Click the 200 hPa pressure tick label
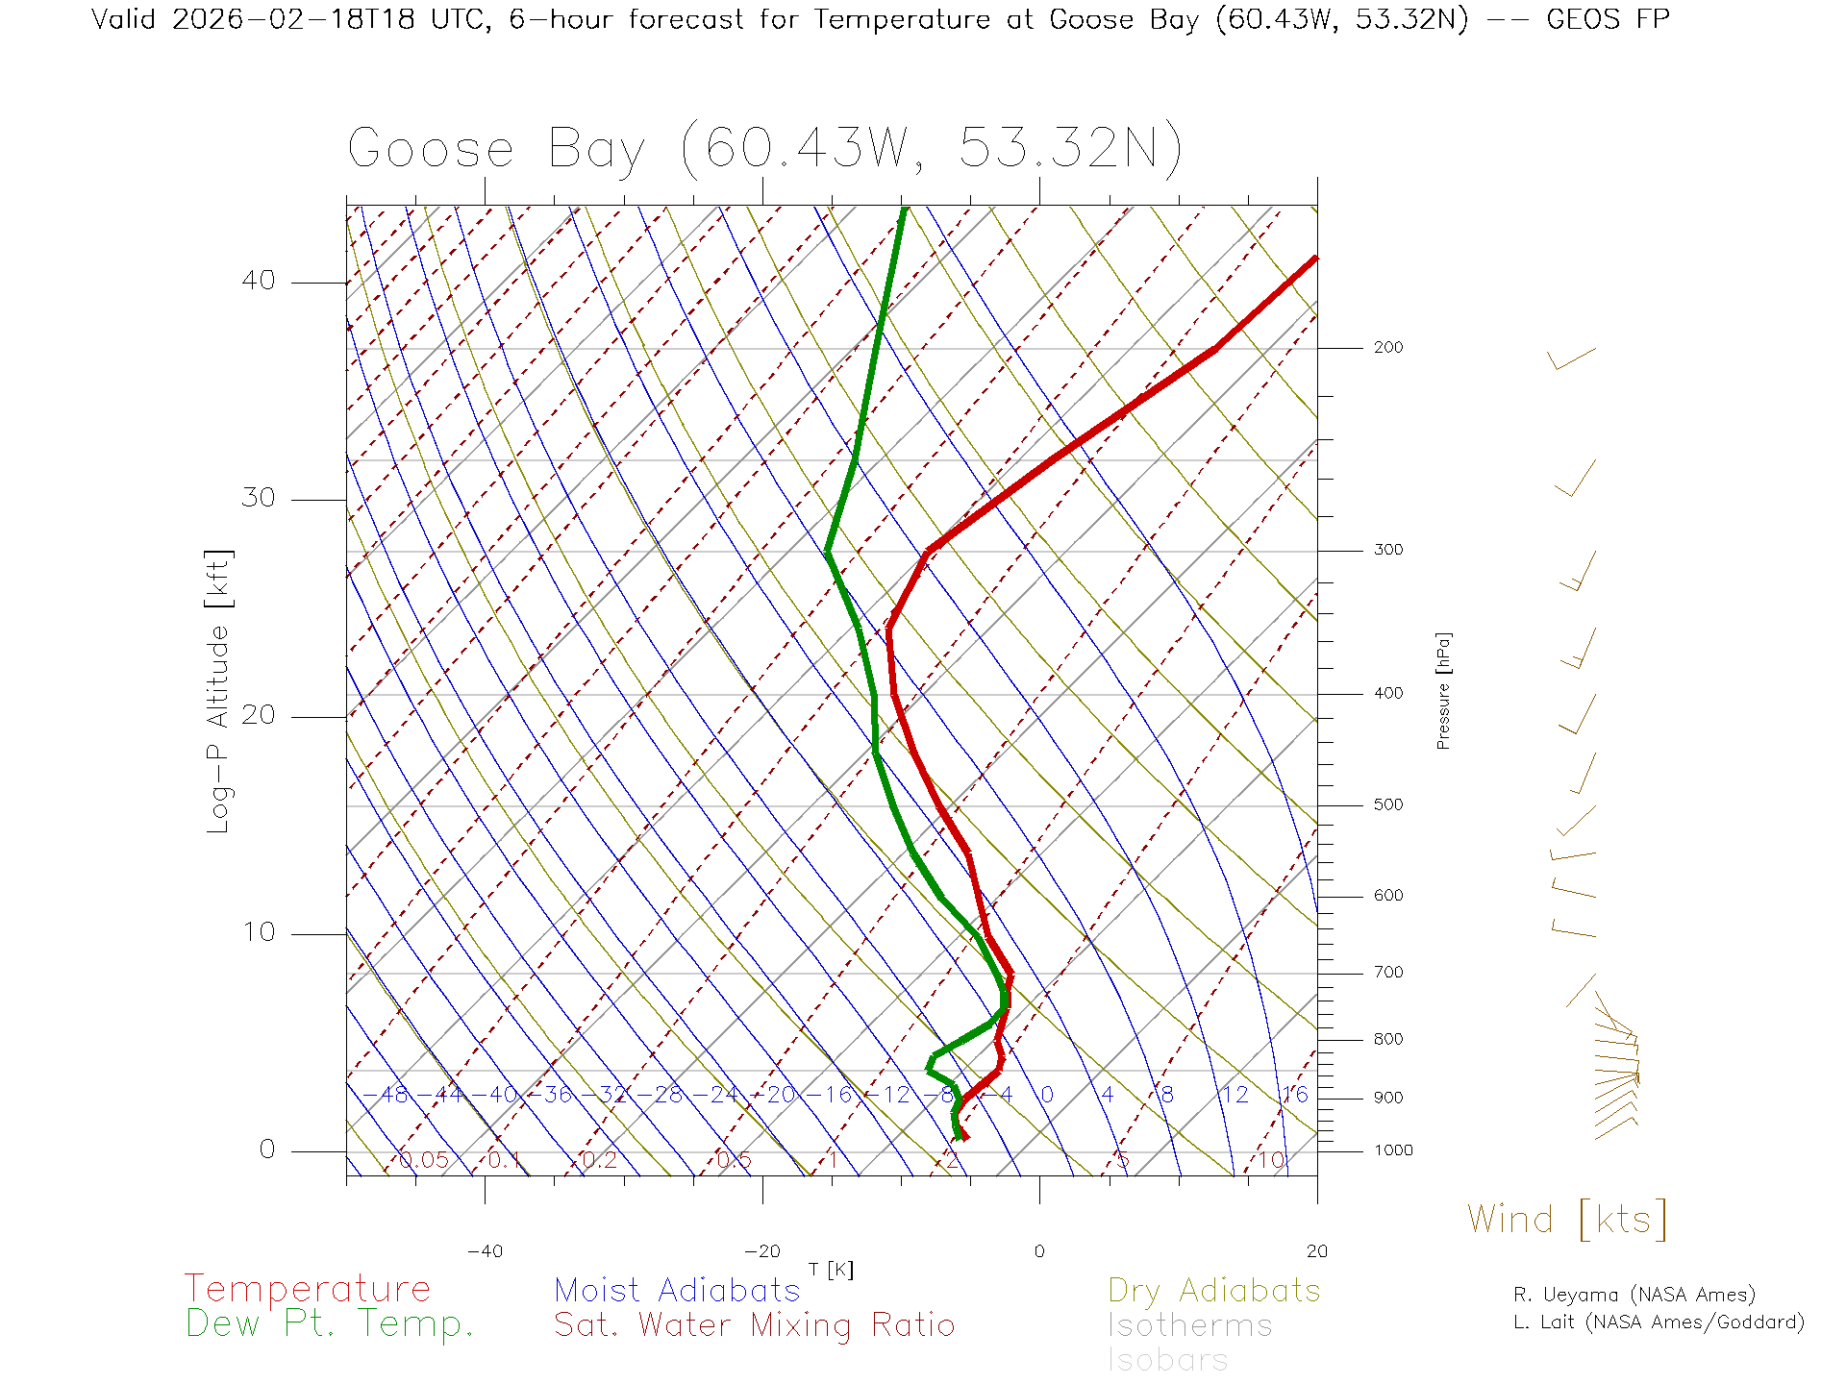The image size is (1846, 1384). pyautogui.click(x=1388, y=347)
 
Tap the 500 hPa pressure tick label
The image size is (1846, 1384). pyautogui.click(x=1388, y=804)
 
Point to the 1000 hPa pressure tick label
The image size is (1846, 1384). pyautogui.click(x=1393, y=1150)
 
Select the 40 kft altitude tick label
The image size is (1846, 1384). pyautogui.click(x=259, y=281)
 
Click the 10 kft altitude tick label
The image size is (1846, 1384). pyautogui.click(x=259, y=932)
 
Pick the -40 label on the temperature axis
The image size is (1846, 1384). pyautogui.click(x=485, y=1251)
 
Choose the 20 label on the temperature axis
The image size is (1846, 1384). pyautogui.click(x=1316, y=1251)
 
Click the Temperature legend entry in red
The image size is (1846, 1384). pyautogui.click(x=308, y=1288)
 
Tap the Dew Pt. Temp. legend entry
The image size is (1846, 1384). pyautogui.click(x=330, y=1324)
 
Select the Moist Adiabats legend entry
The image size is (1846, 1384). pyautogui.click(x=678, y=1290)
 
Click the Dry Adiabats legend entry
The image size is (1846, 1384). pyautogui.click(x=1214, y=1290)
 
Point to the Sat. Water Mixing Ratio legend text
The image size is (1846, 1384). pyautogui.click(x=755, y=1325)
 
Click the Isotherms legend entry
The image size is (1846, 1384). pyautogui.click(x=1190, y=1325)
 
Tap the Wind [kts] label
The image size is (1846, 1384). pyautogui.click(x=1567, y=1220)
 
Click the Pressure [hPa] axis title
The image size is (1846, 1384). pyautogui.click(x=1443, y=691)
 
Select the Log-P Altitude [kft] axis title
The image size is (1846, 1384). pyautogui.click(x=219, y=691)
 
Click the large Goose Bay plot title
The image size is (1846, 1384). pyautogui.click(x=764, y=149)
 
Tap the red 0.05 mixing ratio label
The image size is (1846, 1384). pyautogui.click(x=424, y=1160)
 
